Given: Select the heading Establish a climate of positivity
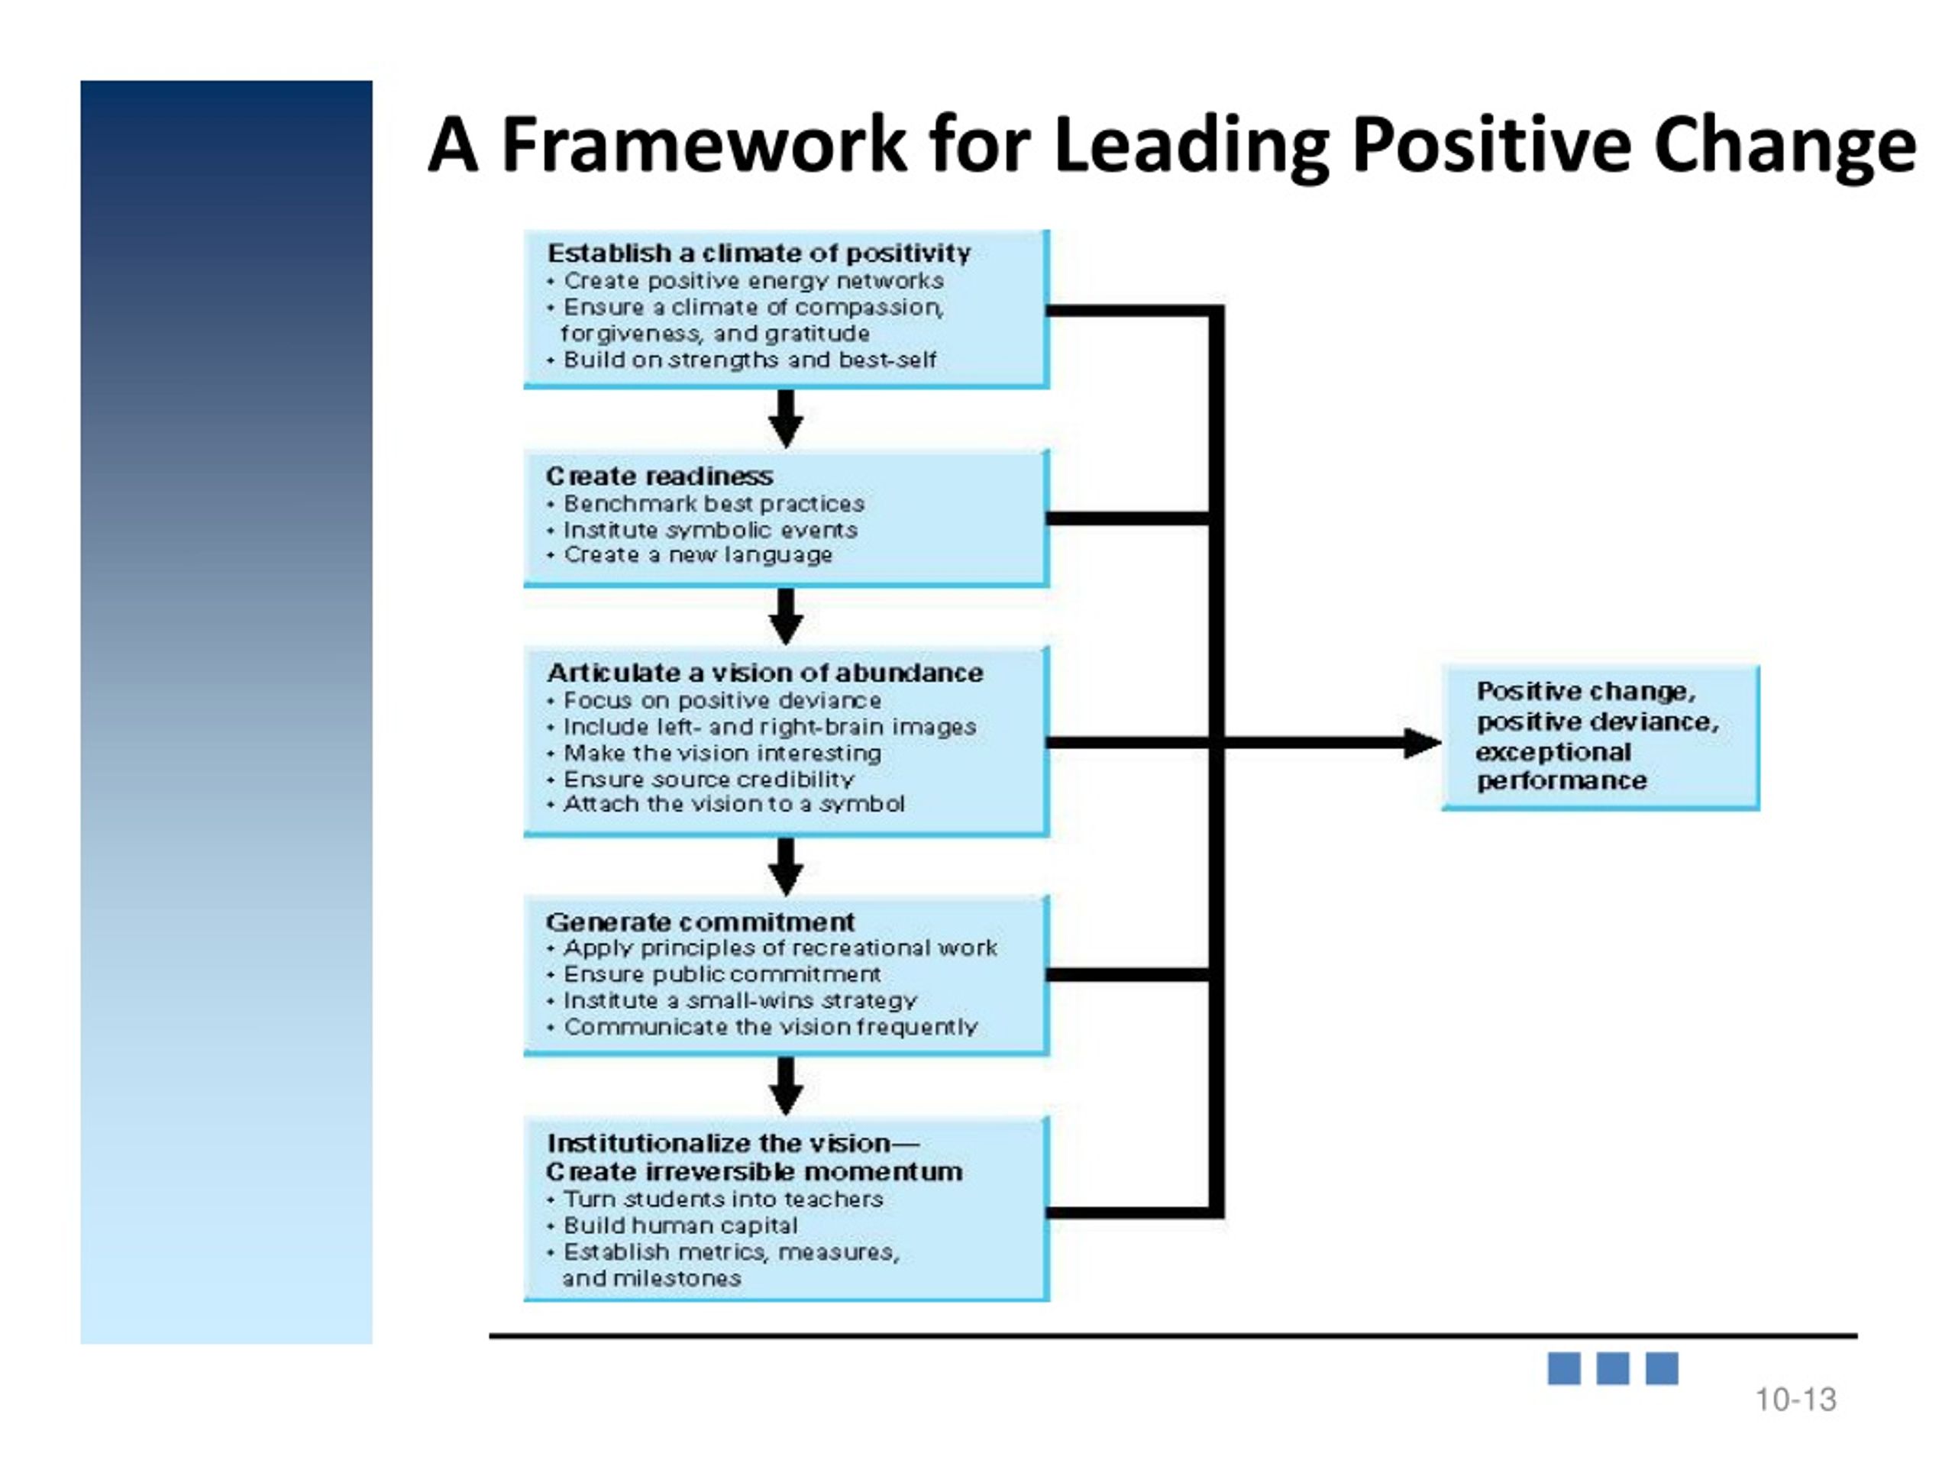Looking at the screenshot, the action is click(x=759, y=253).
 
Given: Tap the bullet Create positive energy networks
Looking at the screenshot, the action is click(x=753, y=281).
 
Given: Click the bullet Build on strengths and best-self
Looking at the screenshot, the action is click(x=749, y=360).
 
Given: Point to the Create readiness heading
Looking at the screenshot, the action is click(x=659, y=476).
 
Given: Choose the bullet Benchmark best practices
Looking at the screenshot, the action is click(x=714, y=504).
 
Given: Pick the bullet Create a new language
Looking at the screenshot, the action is click(x=698, y=555).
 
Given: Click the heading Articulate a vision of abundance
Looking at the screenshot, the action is click(x=764, y=673).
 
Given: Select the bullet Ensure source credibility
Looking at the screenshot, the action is click(x=709, y=780).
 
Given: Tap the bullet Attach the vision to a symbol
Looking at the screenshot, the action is click(x=734, y=804).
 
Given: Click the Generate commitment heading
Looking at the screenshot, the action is click(x=700, y=922).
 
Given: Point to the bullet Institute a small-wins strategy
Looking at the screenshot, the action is click(x=741, y=1001).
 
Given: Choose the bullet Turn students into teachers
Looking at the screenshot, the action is click(x=723, y=1199).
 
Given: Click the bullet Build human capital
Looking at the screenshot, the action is click(x=680, y=1225).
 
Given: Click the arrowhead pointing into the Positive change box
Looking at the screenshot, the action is click(x=1423, y=743).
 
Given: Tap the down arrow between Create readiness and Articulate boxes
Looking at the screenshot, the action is click(x=786, y=616).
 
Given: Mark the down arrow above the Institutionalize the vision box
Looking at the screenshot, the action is click(x=786, y=1086).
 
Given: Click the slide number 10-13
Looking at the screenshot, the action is click(x=1795, y=1400).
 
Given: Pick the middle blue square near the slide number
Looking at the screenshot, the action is click(x=1612, y=1369).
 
